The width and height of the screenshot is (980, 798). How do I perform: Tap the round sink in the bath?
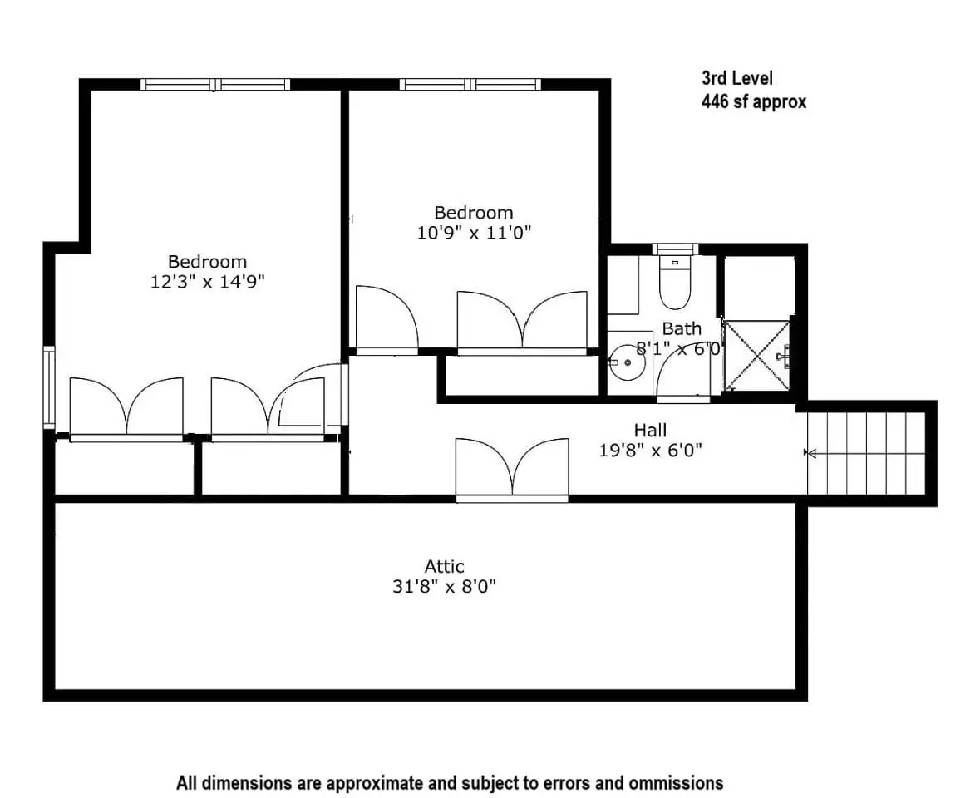[627, 362]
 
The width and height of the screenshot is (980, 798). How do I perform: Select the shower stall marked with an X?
[757, 356]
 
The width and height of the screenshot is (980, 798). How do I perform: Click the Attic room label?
[445, 566]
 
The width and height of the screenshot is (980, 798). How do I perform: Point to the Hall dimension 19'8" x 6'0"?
[651, 450]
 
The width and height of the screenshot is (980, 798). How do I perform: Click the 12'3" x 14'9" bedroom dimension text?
[208, 282]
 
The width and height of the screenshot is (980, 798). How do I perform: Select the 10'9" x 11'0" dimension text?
[474, 233]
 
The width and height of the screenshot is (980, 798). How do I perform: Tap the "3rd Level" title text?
[737, 78]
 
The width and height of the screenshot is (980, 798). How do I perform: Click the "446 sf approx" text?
[754, 101]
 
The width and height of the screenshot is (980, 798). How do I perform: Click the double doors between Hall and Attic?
[512, 469]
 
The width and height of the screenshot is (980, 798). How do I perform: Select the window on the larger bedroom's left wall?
[49, 387]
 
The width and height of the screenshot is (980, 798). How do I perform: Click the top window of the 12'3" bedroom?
[215, 84]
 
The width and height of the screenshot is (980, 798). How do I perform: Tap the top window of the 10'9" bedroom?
[470, 84]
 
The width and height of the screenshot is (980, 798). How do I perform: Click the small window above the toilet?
[675, 249]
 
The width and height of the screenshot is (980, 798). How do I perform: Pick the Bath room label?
[682, 328]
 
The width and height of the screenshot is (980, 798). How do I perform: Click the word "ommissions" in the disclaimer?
[676, 783]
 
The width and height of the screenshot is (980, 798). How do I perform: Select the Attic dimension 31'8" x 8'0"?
[445, 587]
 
